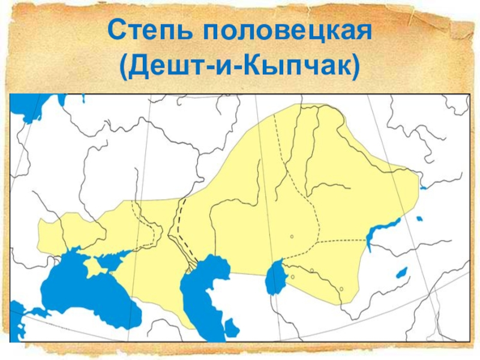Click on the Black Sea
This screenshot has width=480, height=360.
coord(84,294)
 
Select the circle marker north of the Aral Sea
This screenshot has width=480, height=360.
coord(292,237)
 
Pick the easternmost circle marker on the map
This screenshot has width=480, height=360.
coord(341,289)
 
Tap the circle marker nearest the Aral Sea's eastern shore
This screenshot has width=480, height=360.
coord(292,277)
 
